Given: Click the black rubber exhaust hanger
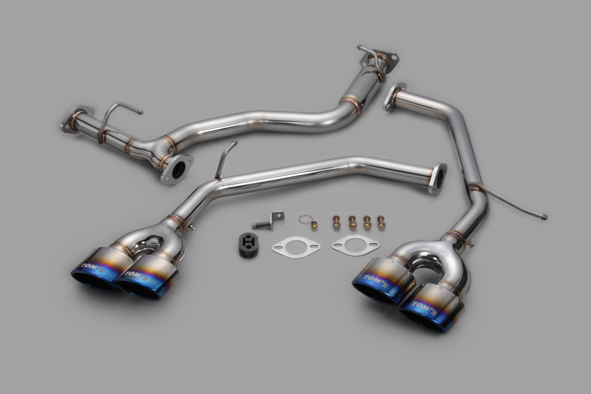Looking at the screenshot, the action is [x=248, y=245].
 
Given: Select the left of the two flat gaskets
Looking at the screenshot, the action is [x=296, y=247].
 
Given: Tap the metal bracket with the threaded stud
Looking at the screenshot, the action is [x=268, y=220].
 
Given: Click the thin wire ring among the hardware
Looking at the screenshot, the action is [x=305, y=219].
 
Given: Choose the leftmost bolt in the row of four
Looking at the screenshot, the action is [x=336, y=222].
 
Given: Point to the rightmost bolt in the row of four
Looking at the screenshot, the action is [x=381, y=222].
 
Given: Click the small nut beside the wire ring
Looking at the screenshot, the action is [x=314, y=226].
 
